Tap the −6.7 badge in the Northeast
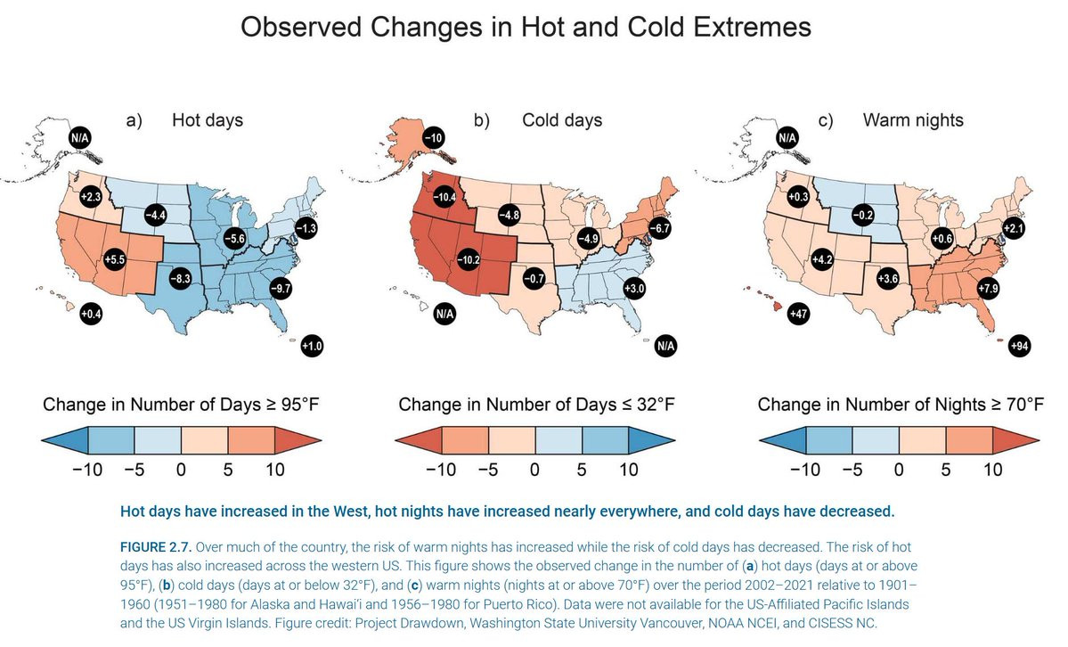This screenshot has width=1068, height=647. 661,227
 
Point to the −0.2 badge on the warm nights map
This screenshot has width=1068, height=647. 861,215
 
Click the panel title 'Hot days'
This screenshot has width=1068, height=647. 207,119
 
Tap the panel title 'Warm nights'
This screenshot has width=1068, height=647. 913,119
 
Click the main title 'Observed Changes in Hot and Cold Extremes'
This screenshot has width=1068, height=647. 526,27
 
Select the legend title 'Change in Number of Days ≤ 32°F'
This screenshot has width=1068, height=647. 536,405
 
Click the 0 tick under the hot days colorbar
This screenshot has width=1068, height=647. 181,470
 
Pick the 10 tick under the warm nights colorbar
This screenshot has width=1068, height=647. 991,470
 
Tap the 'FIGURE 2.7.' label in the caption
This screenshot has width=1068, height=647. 154,545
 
